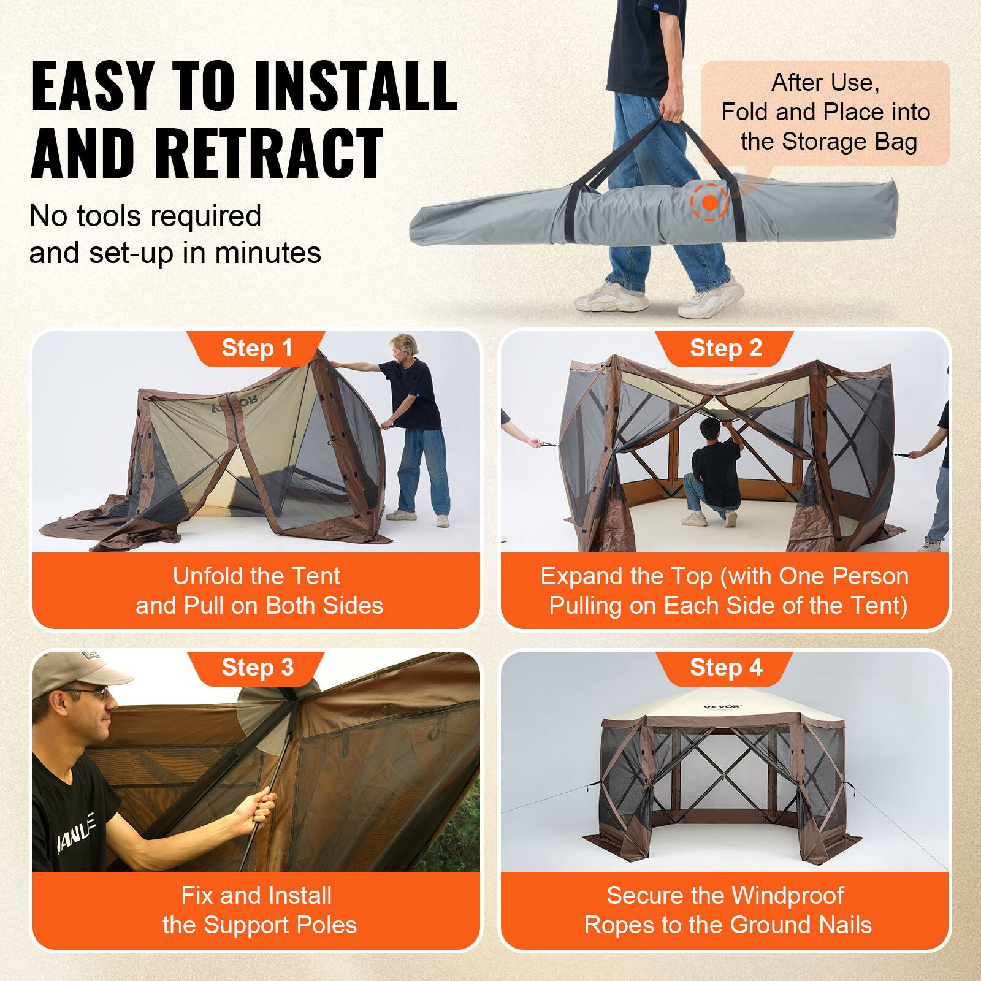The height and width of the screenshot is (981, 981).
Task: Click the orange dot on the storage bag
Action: (709, 202)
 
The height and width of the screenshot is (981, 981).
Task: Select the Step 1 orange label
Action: (257, 348)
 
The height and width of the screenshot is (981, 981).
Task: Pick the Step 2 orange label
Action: (725, 348)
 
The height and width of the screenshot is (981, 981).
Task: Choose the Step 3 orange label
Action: (257, 667)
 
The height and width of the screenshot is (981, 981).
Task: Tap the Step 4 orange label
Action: (725, 667)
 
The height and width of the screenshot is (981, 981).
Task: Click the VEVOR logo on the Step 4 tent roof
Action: (722, 707)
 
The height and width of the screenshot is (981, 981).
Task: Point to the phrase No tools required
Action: (145, 216)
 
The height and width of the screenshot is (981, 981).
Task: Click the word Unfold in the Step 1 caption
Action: (202, 576)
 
